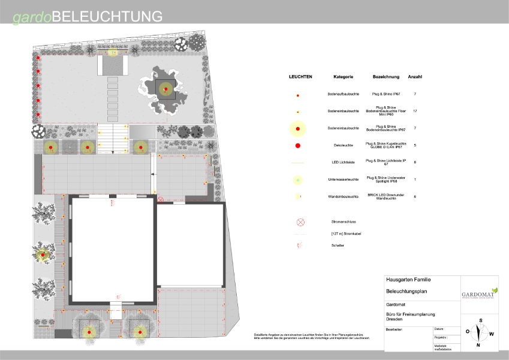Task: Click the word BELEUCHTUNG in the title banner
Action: [x=107, y=16]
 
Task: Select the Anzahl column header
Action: [x=415, y=77]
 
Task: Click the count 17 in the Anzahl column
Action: [x=415, y=111]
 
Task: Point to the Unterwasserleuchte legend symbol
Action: [x=298, y=179]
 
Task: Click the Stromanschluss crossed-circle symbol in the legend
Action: [x=300, y=222]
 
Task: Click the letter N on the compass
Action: [x=478, y=345]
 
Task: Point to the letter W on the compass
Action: [x=492, y=334]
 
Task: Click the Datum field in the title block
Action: [x=439, y=329]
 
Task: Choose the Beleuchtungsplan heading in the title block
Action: [x=407, y=291]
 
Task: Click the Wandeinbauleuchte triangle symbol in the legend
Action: [x=298, y=196]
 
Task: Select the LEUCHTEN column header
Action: [x=300, y=77]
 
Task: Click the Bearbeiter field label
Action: [x=394, y=329]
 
